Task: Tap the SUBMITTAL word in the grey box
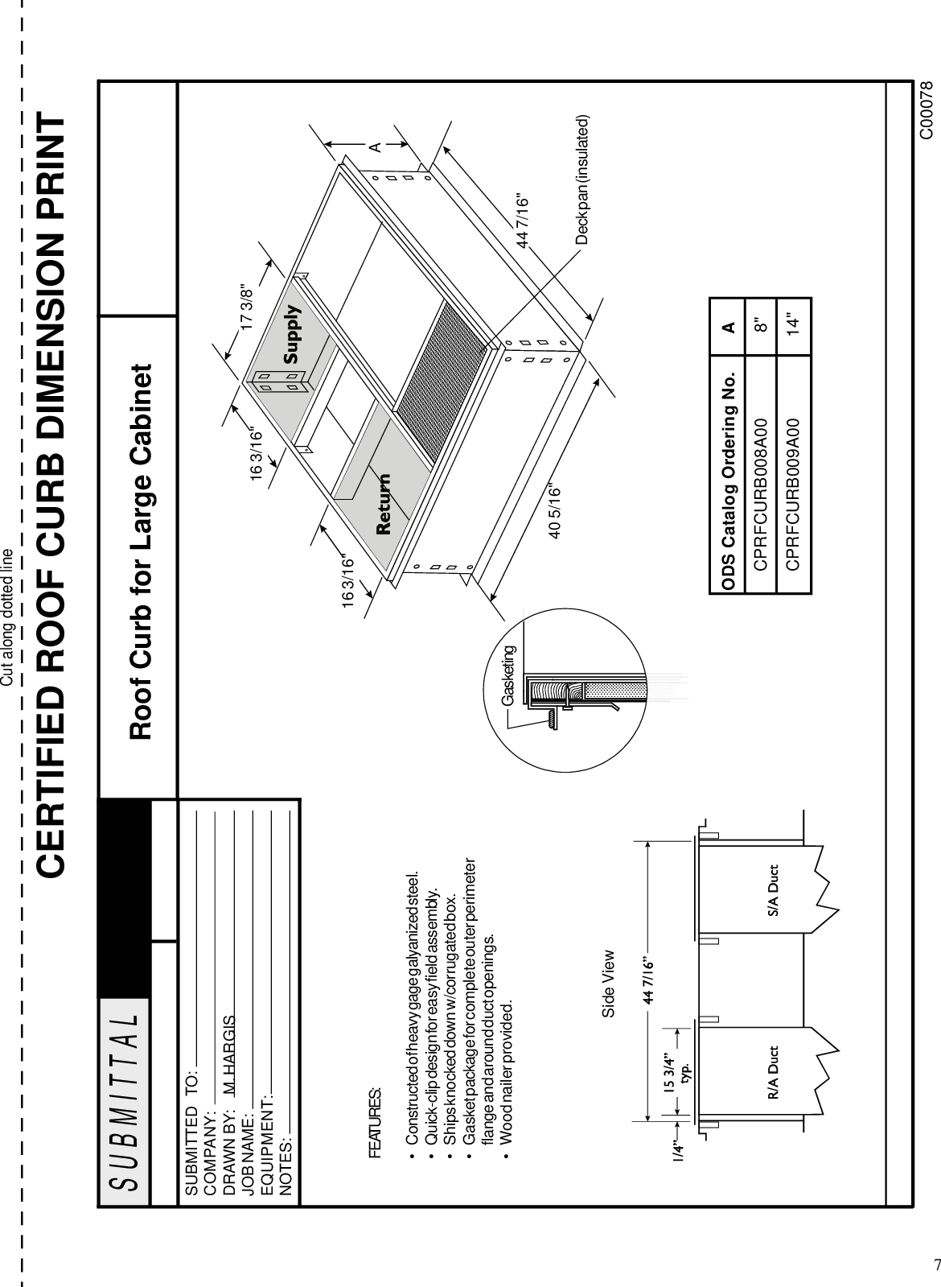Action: [x=125, y=1088]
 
